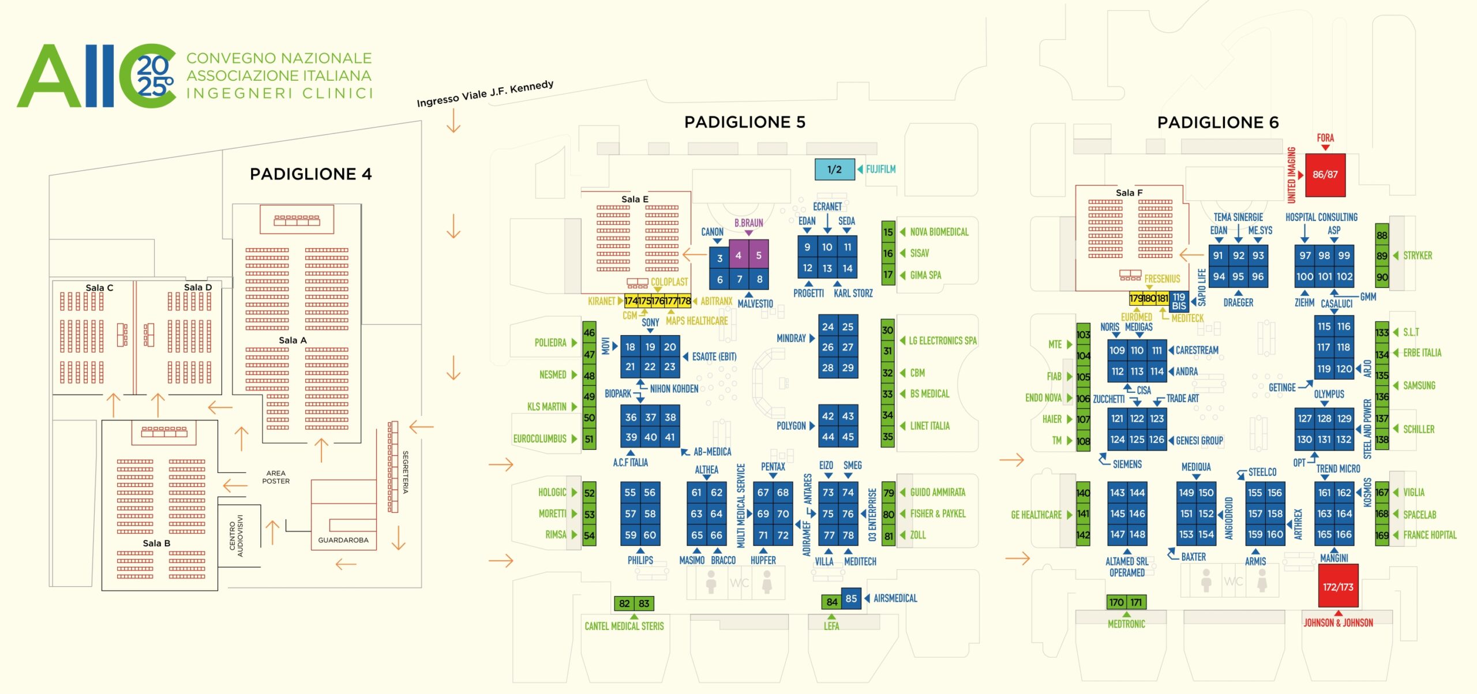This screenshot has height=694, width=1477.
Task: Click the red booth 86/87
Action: coord(1325,175)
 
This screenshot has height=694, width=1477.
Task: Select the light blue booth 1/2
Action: coord(834,170)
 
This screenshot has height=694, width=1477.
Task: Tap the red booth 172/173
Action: coord(1337,587)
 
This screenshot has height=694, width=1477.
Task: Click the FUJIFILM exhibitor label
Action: coord(880,170)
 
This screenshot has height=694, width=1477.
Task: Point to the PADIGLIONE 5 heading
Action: coord(744,122)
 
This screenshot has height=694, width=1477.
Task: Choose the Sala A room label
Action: coord(293,340)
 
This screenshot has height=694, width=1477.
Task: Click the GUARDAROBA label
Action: coord(343,540)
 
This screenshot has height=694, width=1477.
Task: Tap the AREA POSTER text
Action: coord(276,477)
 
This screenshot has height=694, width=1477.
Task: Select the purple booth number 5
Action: coord(759,255)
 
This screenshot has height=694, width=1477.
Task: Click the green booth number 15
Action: coord(888,232)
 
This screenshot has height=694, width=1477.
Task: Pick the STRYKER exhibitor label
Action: coord(1418,256)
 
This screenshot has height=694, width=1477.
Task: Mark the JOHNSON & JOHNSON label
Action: coord(1338,623)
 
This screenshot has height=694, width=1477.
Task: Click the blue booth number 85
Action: coord(851,598)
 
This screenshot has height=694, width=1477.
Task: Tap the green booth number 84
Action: coord(831,602)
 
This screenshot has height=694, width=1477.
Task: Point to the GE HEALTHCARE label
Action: coord(1036,515)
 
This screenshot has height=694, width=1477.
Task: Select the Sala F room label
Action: coord(1129,193)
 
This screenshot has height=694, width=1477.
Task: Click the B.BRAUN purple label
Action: coord(748,223)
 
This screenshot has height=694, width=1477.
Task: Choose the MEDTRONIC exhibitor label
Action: coord(1126,624)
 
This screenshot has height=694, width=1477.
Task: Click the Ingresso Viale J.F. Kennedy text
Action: coord(485,93)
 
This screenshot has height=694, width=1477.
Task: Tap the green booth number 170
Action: coord(1116,602)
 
